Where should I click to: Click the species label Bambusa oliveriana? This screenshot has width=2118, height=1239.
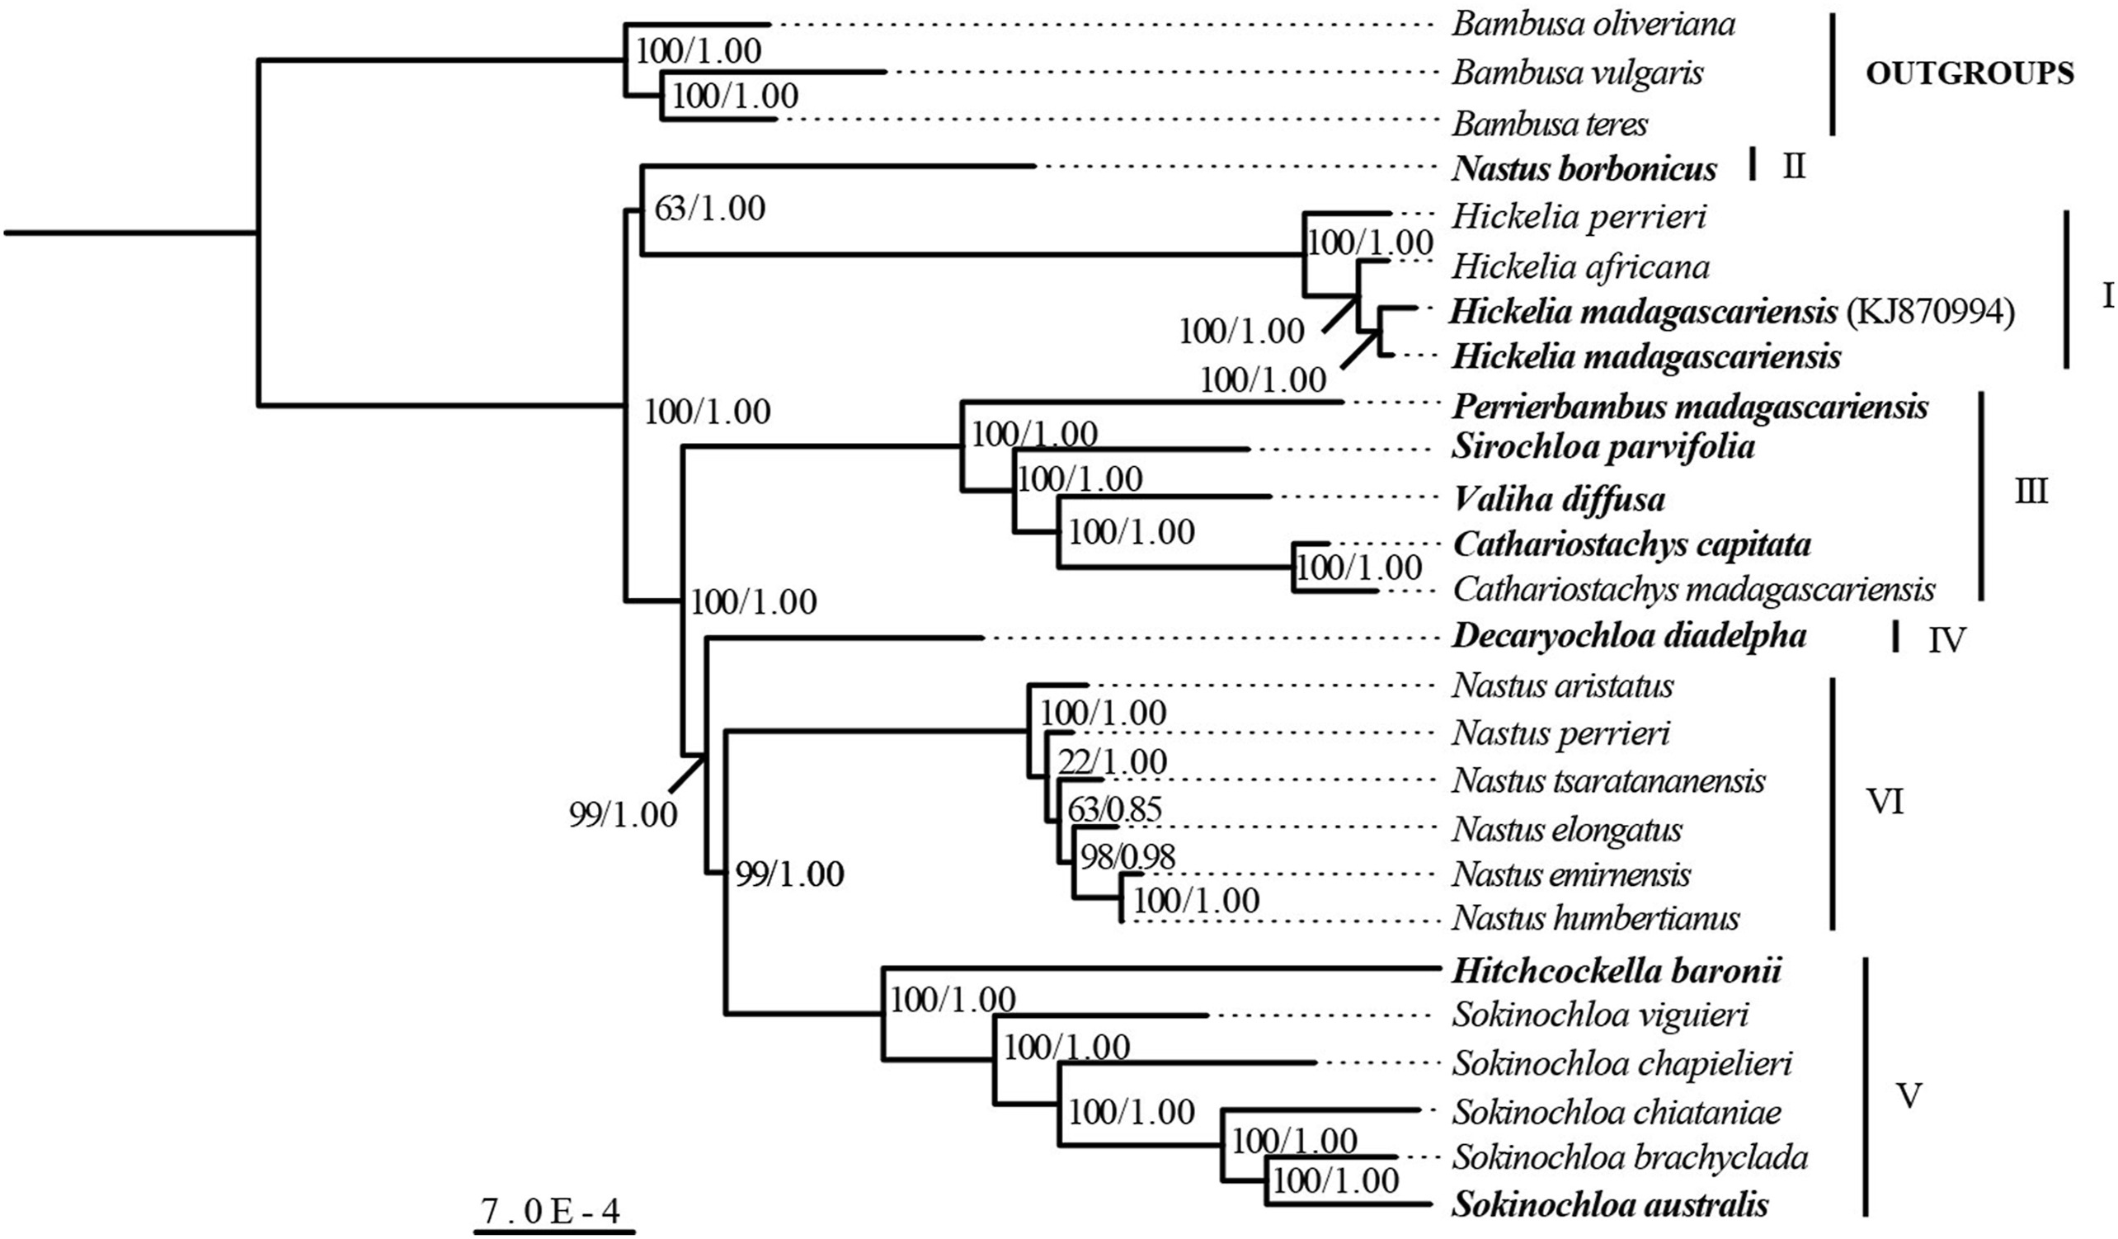click(1593, 25)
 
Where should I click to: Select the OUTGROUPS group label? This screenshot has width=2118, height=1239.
click(1970, 74)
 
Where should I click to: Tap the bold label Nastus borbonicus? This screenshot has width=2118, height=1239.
click(1584, 170)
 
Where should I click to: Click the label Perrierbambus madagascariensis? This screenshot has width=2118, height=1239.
click(1689, 407)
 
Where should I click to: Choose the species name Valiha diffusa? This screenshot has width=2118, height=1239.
click(1558, 499)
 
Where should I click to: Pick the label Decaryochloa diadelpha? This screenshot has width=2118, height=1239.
click(1629, 636)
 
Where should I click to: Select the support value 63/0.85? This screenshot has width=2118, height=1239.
click(1114, 809)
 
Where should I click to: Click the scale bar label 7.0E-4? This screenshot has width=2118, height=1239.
click(550, 1211)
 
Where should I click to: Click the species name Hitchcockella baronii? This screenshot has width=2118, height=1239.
click(1617, 973)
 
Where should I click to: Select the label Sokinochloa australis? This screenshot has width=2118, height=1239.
click(1609, 1204)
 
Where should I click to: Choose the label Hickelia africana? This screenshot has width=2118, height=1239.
click(1580, 267)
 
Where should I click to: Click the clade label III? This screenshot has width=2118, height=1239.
click(2031, 492)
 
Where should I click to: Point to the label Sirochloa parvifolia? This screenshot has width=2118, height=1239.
click(1603, 446)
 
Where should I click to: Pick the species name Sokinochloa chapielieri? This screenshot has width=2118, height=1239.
click(1622, 1064)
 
